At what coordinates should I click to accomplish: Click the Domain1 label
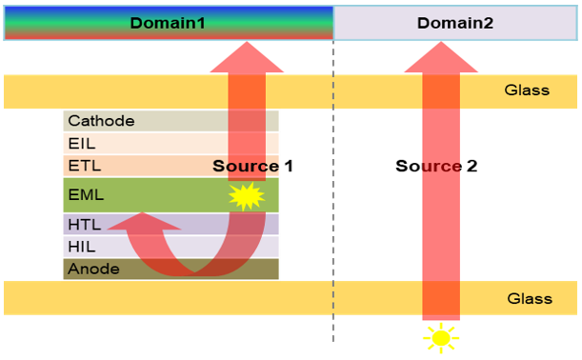[x=168, y=23]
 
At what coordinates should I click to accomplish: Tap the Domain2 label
[x=455, y=23]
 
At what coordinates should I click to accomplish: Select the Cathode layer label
[x=101, y=121]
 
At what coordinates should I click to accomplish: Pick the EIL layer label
[x=82, y=143]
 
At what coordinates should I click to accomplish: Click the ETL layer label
[x=84, y=166]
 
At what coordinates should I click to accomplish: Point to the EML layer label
[x=86, y=195]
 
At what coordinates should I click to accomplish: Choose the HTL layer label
[x=84, y=225]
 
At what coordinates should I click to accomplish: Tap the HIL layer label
[x=82, y=247]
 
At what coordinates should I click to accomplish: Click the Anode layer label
[x=93, y=269]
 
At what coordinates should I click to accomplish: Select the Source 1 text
[x=252, y=166]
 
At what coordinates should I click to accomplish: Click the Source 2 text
[x=436, y=166]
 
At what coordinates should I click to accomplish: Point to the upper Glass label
[x=527, y=90]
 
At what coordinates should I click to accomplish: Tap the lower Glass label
[x=530, y=298]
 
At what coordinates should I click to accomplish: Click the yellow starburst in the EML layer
[x=247, y=196]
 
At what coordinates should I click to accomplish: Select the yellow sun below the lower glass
[x=441, y=338]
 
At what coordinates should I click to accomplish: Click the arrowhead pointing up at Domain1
[x=247, y=57]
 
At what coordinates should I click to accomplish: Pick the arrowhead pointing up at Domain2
[x=441, y=57]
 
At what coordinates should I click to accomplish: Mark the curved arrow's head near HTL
[x=144, y=222]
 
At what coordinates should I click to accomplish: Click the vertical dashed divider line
[x=333, y=190]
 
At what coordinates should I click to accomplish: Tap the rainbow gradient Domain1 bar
[x=169, y=23]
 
